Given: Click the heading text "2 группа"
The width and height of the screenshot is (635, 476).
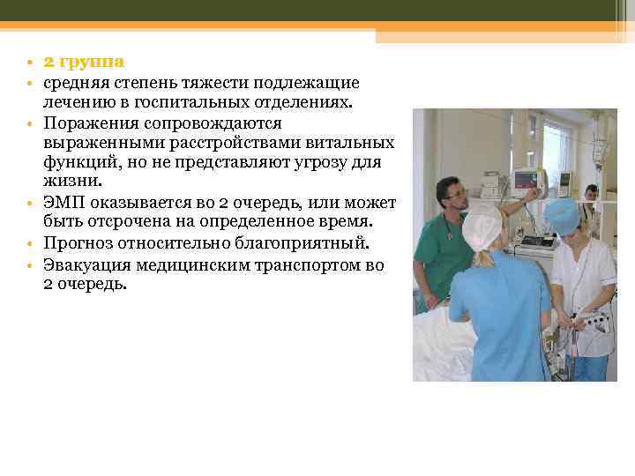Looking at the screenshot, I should coord(84,63).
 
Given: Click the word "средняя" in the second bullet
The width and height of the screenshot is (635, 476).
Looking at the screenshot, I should coord(76,83).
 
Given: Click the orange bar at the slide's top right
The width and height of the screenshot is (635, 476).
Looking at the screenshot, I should coord(504,35).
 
